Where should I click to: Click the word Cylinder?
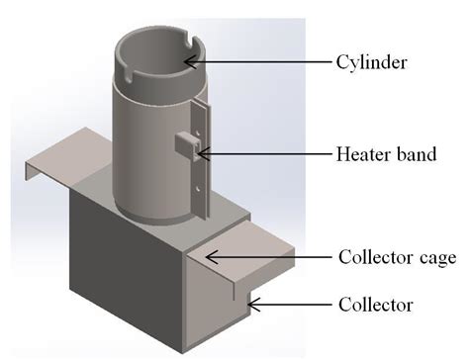click(371, 61)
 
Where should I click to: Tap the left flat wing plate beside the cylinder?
click(69, 163)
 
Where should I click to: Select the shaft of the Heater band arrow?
click(267, 152)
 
